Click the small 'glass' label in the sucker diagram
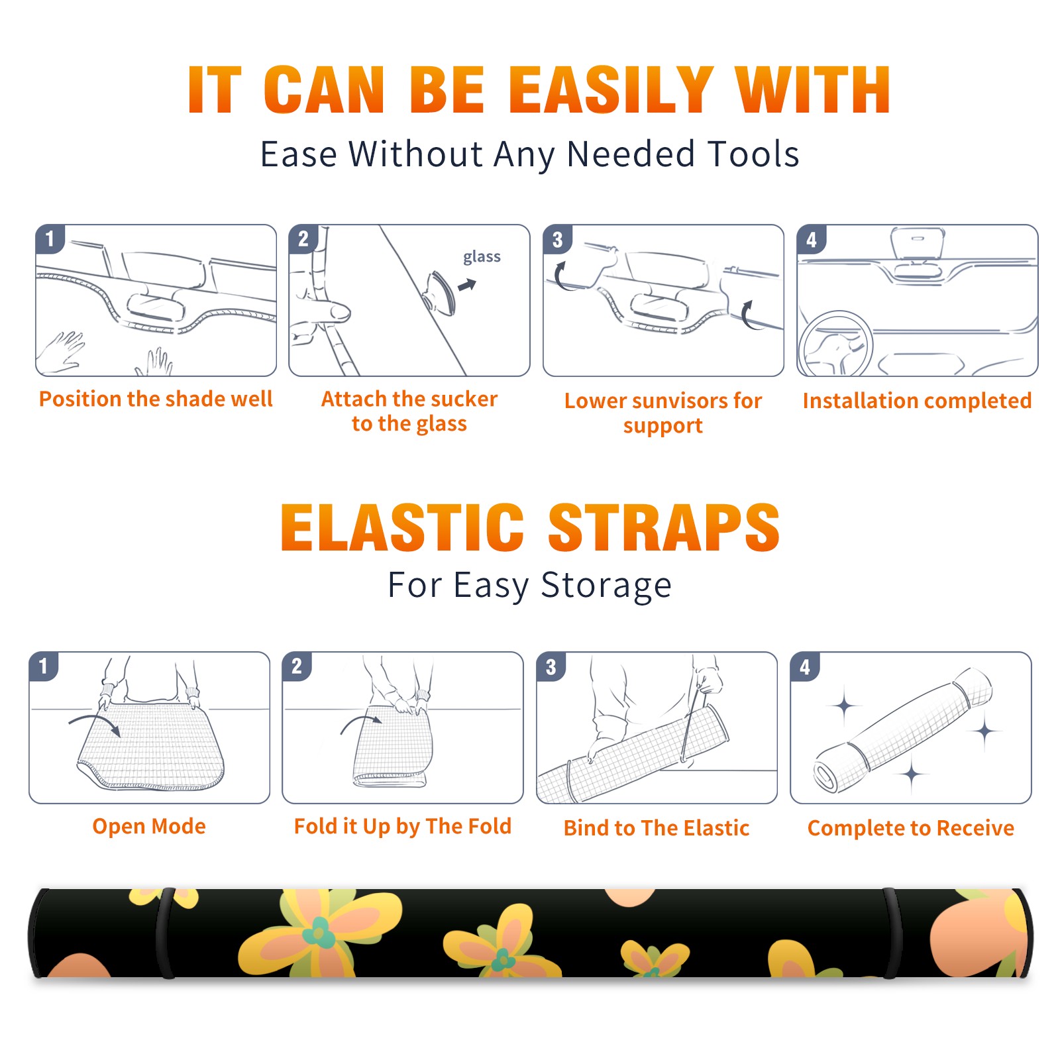(x=482, y=257)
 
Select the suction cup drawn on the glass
(x=440, y=293)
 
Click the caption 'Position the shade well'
(x=156, y=399)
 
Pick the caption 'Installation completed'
(x=917, y=401)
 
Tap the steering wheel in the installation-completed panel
(x=836, y=344)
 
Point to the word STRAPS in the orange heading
(x=664, y=527)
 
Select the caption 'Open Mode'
(x=149, y=826)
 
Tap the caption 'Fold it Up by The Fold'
(x=403, y=827)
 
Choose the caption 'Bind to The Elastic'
(x=657, y=828)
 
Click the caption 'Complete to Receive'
(x=911, y=828)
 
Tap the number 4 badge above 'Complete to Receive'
(x=805, y=666)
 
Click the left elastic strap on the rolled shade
(x=164, y=933)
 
